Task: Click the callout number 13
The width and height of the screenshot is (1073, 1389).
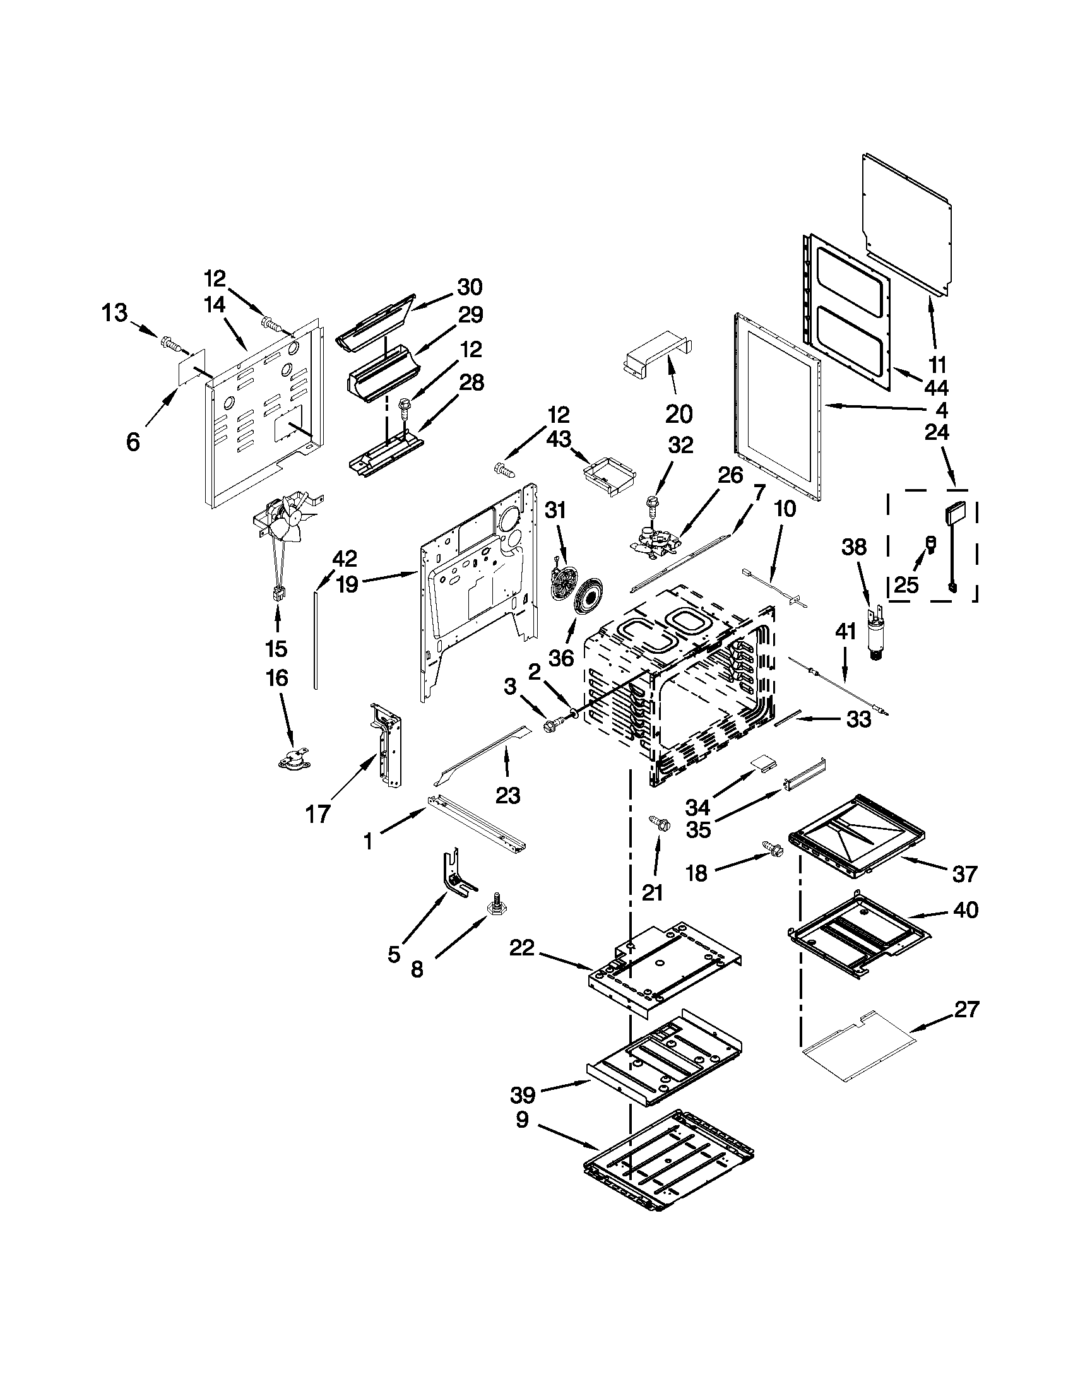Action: point(115,313)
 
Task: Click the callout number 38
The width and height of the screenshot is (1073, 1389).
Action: point(854,547)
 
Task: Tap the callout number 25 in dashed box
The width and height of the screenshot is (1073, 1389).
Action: point(906,585)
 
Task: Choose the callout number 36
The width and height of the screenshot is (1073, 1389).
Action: point(561,658)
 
